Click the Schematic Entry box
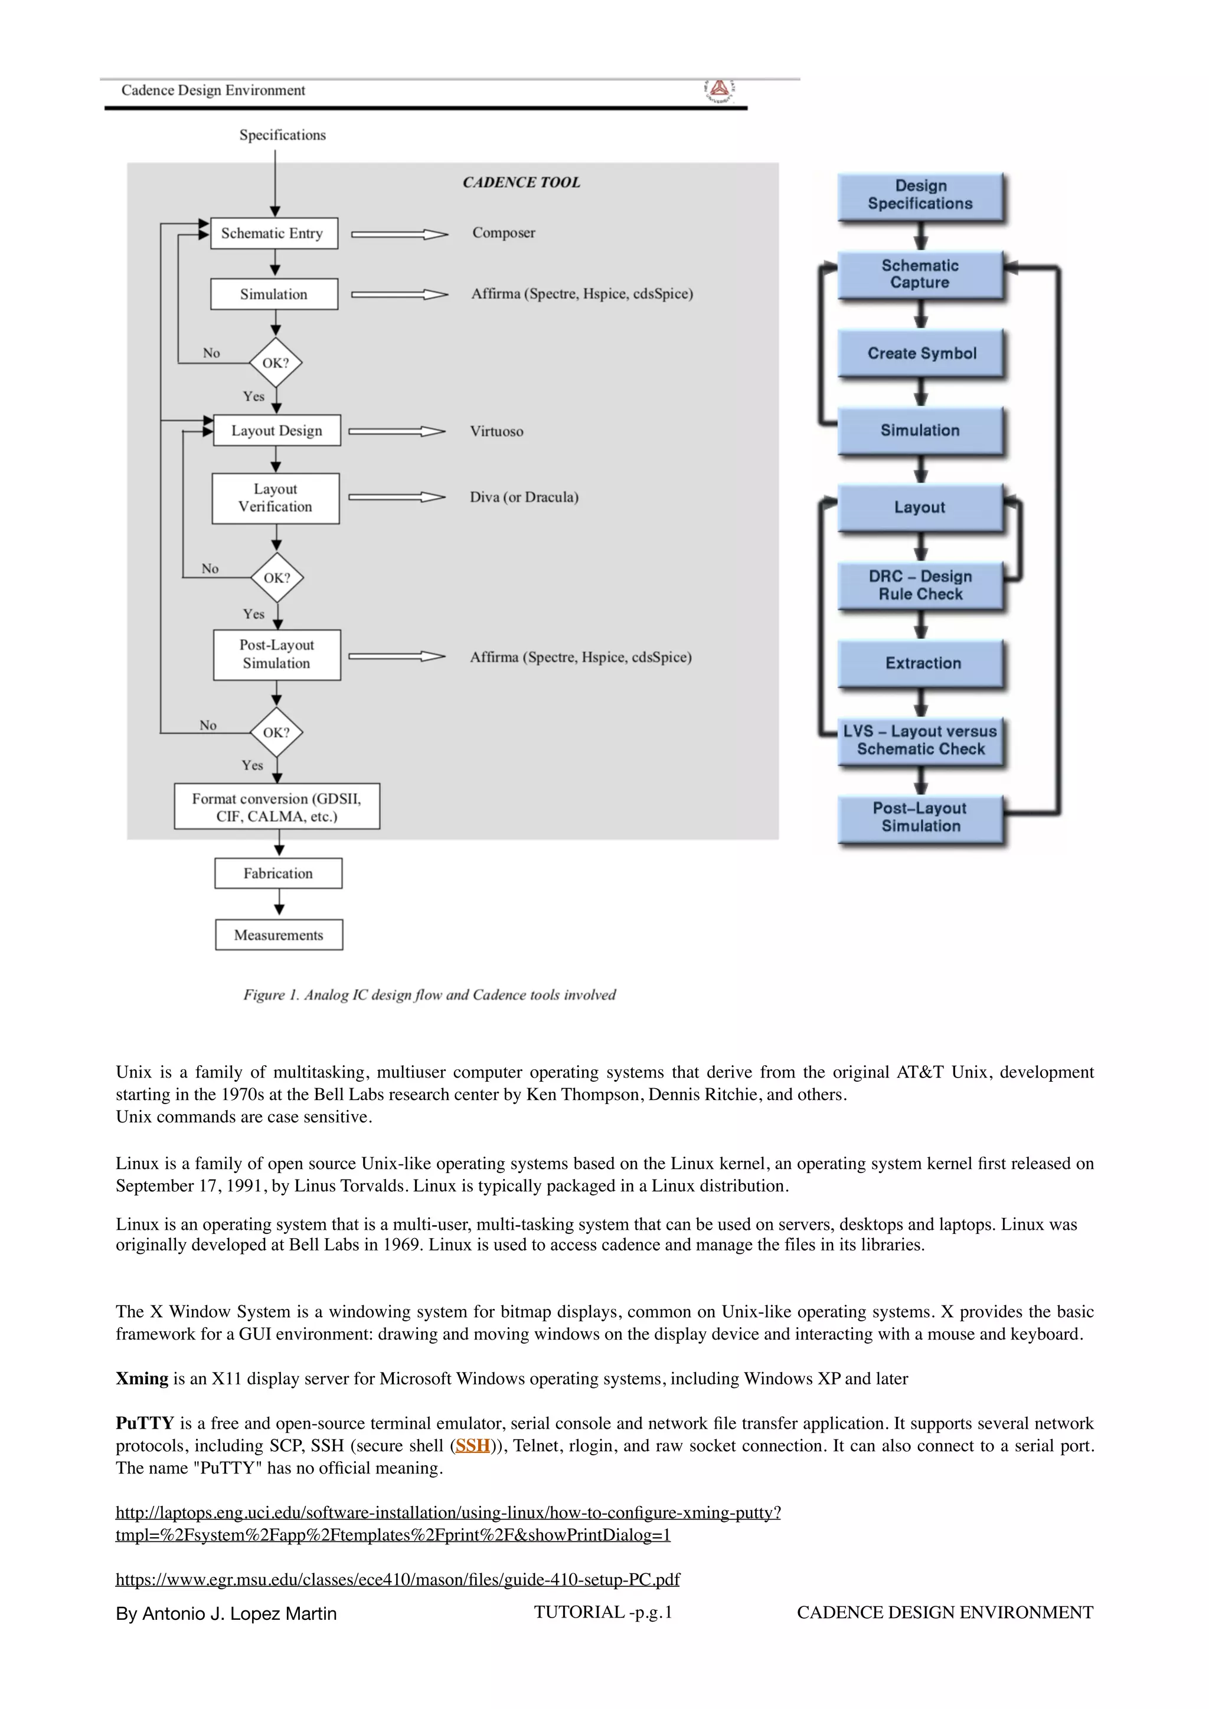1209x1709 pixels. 274,233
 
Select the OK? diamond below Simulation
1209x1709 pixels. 276,362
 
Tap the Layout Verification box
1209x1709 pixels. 276,498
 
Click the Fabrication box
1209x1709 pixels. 279,873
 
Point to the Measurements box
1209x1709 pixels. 279,935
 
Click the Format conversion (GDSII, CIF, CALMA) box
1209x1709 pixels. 277,807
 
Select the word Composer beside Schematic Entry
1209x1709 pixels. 503,233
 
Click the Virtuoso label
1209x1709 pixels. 496,432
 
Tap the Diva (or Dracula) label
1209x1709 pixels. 524,497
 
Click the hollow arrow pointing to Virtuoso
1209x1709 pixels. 397,432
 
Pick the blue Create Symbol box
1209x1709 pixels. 921,353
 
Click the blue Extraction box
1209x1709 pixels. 922,663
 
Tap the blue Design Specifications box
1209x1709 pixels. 920,195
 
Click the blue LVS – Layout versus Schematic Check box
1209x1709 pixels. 920,741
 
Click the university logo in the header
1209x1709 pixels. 719,90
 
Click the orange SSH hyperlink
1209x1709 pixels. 473,1445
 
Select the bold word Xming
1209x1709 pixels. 142,1379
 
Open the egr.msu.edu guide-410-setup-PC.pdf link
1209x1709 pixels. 397,1580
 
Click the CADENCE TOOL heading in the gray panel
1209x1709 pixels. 521,182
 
